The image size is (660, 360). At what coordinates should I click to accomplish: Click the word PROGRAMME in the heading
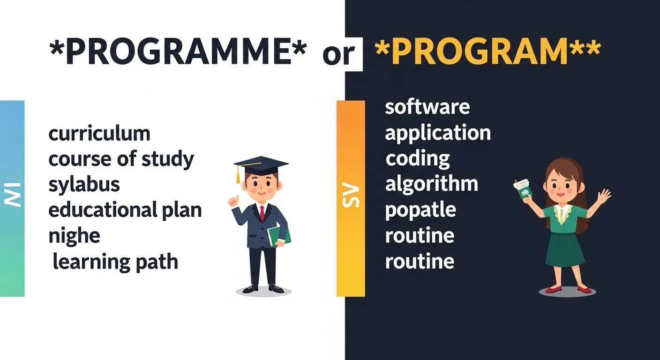tap(178, 52)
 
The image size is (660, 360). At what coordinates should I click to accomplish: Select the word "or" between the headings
tap(338, 54)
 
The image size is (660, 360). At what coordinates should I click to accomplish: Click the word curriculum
tap(99, 134)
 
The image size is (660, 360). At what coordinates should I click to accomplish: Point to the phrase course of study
tap(121, 160)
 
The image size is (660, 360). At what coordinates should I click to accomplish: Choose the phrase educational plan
tap(125, 210)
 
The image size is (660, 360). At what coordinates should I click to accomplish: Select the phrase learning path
tap(115, 261)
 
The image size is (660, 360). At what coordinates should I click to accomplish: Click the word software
tap(427, 107)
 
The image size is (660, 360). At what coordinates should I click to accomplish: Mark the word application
tap(438, 134)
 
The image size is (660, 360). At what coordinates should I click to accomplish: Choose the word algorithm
tap(431, 184)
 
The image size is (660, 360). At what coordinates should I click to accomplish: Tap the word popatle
tap(420, 210)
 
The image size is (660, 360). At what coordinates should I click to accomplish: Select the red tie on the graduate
tap(262, 213)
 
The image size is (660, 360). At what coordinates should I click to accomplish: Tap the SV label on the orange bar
tap(351, 196)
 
